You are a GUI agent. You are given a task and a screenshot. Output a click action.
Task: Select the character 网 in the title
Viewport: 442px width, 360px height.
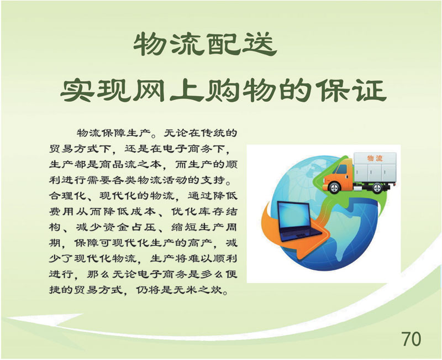click(149, 91)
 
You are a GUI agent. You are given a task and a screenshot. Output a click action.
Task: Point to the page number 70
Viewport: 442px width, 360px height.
click(411, 338)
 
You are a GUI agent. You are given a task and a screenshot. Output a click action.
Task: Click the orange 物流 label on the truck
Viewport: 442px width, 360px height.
click(375, 158)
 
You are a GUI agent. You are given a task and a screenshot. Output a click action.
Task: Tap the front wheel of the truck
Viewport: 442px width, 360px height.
click(335, 187)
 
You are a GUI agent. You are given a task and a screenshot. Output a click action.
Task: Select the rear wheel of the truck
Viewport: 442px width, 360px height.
click(377, 187)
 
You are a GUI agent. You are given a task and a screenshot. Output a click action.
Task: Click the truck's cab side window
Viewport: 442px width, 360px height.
click(341, 169)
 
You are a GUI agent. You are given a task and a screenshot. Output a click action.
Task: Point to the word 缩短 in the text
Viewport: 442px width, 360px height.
click(183, 227)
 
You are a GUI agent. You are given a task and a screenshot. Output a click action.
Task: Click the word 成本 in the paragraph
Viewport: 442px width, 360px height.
click(143, 211)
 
